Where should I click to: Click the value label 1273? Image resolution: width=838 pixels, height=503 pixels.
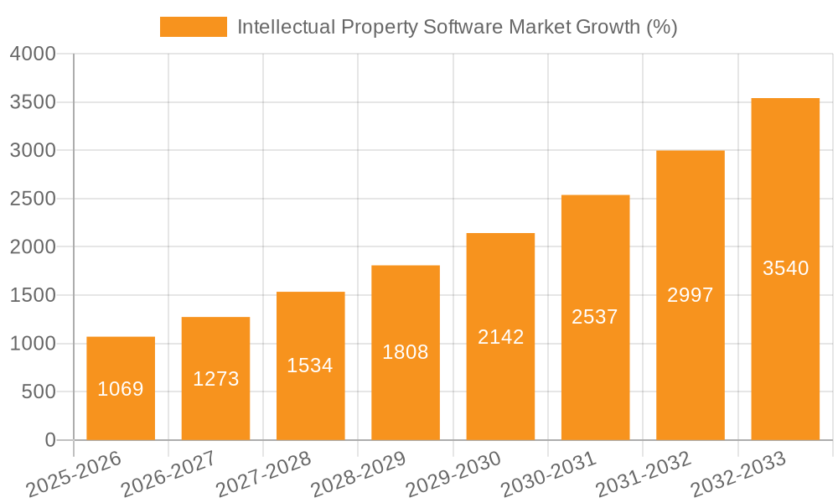216,379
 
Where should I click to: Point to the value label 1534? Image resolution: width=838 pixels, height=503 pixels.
310,366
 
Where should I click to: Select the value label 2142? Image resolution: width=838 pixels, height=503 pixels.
500,337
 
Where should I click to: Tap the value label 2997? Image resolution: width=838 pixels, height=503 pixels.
690,295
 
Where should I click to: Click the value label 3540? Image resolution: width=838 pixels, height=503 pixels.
785,268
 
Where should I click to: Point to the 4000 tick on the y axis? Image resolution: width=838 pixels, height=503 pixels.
33,54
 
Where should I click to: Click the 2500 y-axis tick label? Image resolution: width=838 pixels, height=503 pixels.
33,200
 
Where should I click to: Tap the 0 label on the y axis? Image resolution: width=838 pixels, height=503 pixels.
49,441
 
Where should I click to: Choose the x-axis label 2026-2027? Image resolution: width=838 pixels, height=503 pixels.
168,474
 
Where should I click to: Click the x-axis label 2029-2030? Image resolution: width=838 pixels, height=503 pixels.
453,474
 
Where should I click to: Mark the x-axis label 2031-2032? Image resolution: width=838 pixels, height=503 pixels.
644,474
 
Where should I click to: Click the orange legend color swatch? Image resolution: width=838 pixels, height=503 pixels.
193,27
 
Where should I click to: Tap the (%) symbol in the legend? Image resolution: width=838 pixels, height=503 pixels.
661,27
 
